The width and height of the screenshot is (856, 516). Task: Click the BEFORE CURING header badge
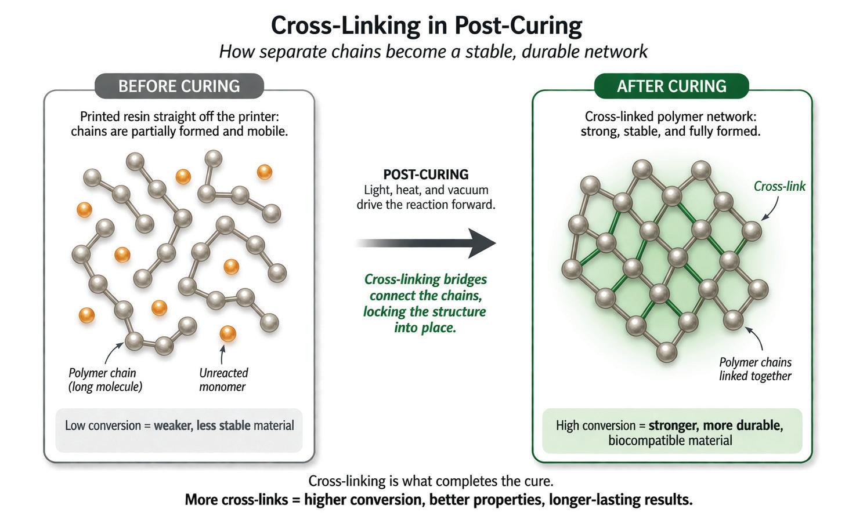pos(179,86)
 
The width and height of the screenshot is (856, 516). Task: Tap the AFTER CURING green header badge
pos(671,86)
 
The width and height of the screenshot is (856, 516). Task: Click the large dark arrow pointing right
pos(427,243)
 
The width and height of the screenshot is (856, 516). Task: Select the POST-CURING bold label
pos(426,175)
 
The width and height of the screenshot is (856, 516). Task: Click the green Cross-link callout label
pos(779,186)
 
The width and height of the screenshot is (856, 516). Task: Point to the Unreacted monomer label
pos(223,380)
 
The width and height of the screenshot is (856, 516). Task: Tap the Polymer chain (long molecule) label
pos(105,380)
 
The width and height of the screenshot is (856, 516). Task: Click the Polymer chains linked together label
pos(755,369)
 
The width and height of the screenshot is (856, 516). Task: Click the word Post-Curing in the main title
pos(518,26)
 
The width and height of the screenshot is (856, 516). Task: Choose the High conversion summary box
pos(671,432)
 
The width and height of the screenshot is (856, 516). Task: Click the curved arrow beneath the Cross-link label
pos(771,209)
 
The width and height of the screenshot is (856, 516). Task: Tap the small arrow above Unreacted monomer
pos(221,355)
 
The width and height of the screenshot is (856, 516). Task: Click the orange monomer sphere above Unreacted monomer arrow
pos(227,334)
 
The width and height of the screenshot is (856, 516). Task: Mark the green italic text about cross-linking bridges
pos(425,303)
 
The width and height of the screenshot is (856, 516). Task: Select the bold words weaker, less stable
pos(202,426)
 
